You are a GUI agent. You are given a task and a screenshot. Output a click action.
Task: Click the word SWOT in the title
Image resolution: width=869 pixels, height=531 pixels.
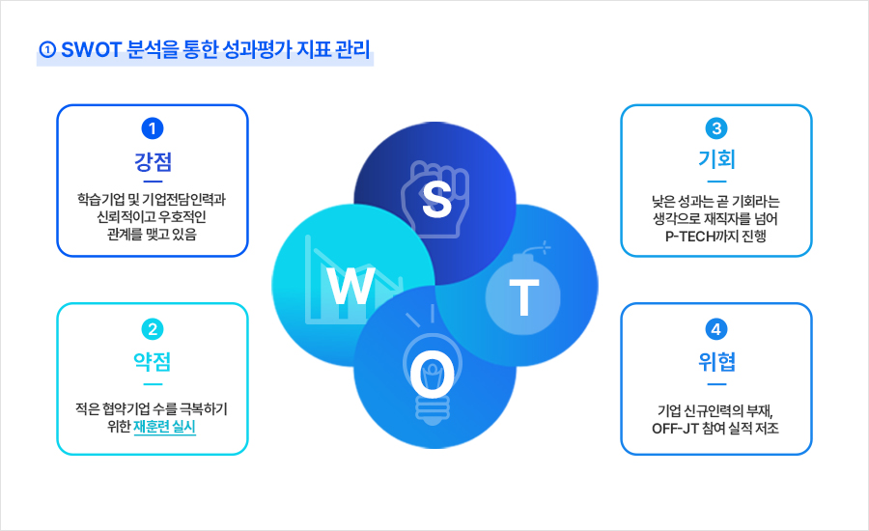point(91,50)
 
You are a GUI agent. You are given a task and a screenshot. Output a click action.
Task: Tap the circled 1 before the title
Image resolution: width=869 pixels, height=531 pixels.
point(47,50)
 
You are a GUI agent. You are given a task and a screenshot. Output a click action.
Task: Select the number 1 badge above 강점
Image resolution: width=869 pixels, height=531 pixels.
point(153,128)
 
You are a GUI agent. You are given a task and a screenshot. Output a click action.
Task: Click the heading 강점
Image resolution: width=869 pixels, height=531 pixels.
point(153,161)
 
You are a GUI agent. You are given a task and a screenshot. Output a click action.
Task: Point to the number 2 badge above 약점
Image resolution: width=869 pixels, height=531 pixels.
point(153,329)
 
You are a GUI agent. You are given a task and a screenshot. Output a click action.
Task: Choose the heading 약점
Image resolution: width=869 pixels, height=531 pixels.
point(153,362)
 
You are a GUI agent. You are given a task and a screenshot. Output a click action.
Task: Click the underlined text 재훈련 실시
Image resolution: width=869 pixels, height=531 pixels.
point(164,427)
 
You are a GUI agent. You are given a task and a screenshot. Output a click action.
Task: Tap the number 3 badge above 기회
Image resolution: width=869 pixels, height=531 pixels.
point(716,128)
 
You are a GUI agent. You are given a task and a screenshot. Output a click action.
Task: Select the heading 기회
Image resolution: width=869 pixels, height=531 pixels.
point(716,159)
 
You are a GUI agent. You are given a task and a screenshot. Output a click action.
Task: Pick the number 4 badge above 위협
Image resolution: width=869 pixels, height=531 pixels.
point(716,329)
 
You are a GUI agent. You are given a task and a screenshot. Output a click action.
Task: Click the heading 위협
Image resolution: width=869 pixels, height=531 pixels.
point(716,362)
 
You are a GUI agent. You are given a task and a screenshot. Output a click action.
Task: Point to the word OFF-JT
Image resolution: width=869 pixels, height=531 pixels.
point(675,429)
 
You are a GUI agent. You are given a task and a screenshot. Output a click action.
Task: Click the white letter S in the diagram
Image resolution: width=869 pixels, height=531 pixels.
point(436,200)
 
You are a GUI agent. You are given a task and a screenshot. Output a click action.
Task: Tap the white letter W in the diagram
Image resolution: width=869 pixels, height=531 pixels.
point(351,286)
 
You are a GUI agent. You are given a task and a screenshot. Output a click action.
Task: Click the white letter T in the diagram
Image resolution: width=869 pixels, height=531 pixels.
point(523,297)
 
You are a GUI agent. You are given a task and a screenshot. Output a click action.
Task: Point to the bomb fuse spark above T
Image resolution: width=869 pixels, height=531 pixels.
point(545,247)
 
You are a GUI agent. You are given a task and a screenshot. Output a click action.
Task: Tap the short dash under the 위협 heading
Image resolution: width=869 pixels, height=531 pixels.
point(716,384)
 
